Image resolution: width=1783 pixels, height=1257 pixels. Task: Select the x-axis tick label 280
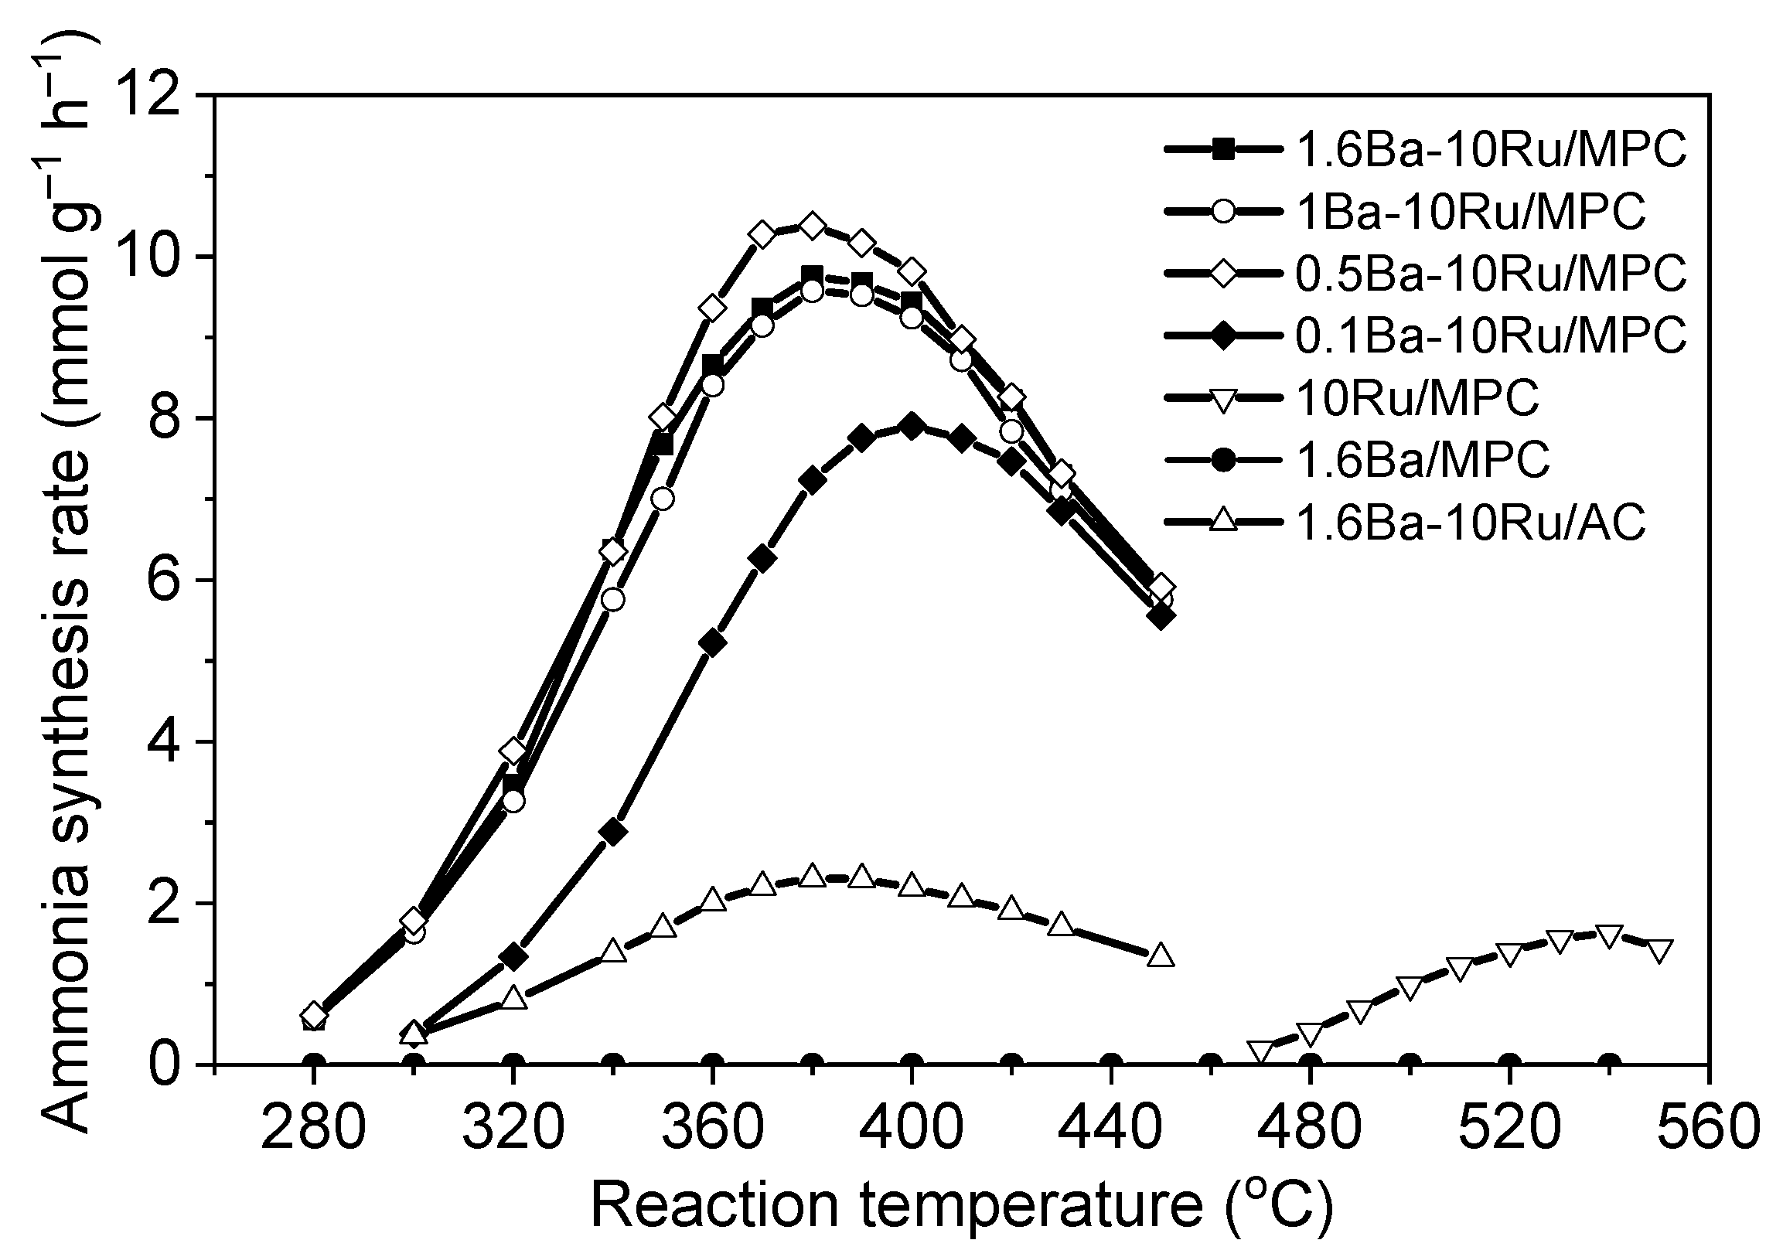(x=313, y=1128)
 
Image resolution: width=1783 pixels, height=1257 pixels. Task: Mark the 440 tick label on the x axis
(x=1111, y=1128)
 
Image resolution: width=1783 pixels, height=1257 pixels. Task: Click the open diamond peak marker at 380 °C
(x=813, y=226)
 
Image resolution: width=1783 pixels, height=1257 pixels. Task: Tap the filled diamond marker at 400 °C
(x=912, y=425)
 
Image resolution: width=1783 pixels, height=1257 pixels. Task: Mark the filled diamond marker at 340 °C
(x=613, y=833)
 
